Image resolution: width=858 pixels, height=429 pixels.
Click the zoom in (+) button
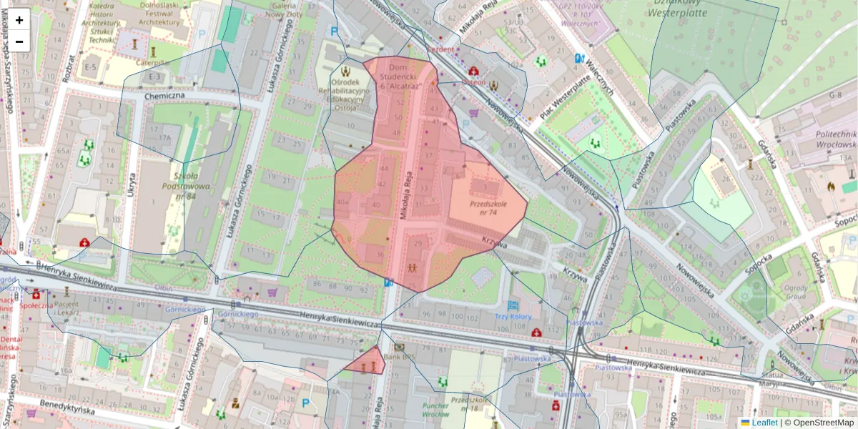click(19, 19)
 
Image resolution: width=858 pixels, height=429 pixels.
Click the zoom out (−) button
click(19, 41)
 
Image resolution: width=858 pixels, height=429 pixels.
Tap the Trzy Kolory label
click(513, 316)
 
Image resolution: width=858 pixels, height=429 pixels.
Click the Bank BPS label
click(400, 356)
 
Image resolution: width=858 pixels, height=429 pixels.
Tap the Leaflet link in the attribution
click(764, 423)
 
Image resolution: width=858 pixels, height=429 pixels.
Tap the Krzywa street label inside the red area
click(494, 243)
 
